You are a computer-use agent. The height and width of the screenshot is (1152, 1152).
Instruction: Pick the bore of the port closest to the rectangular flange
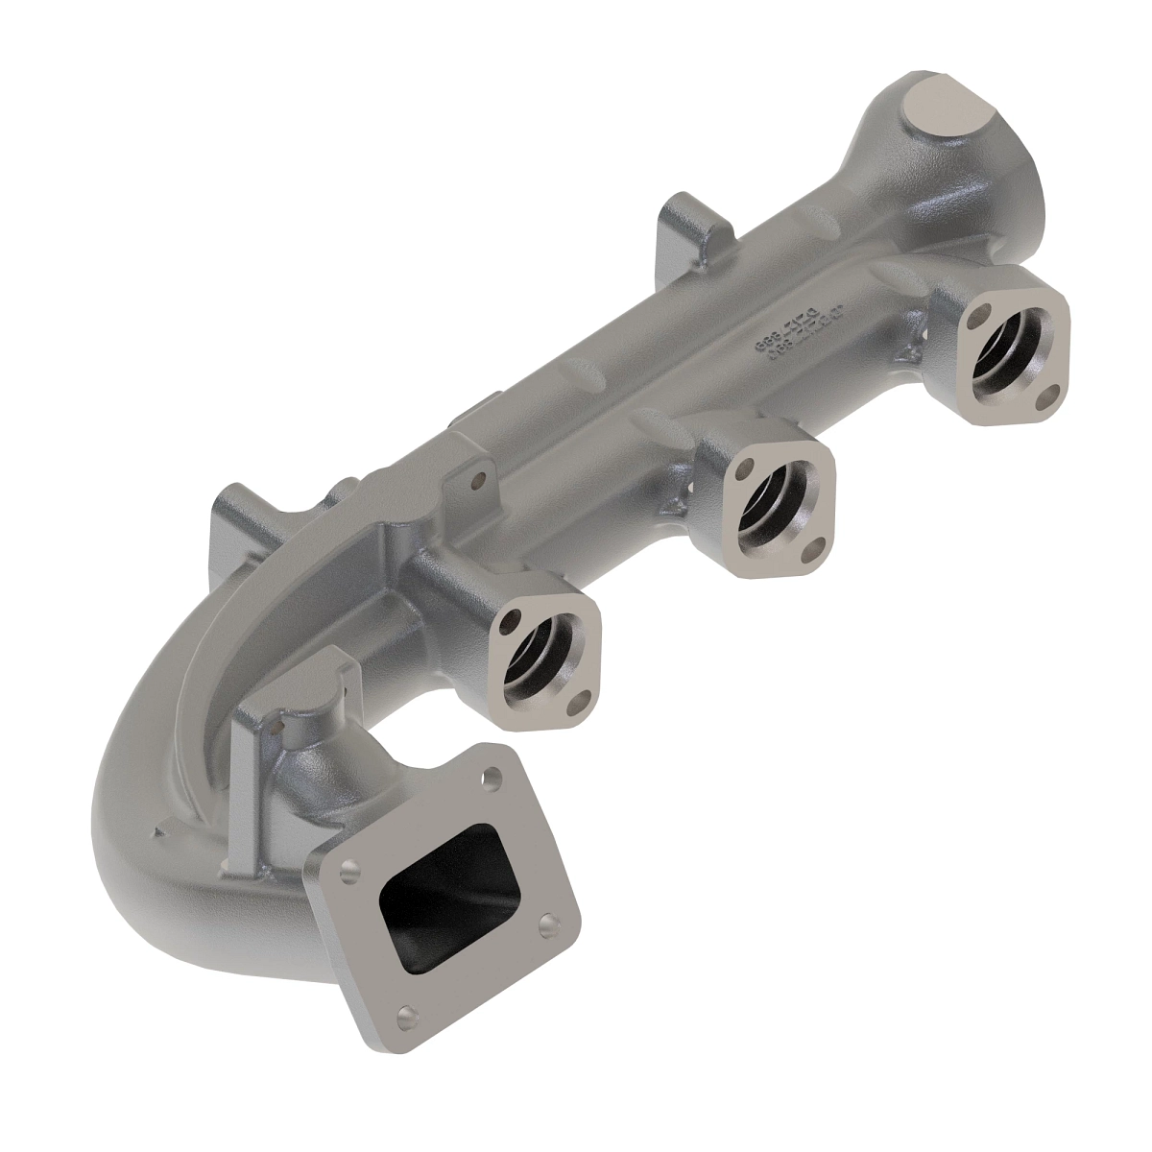pyautogui.click(x=540, y=654)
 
